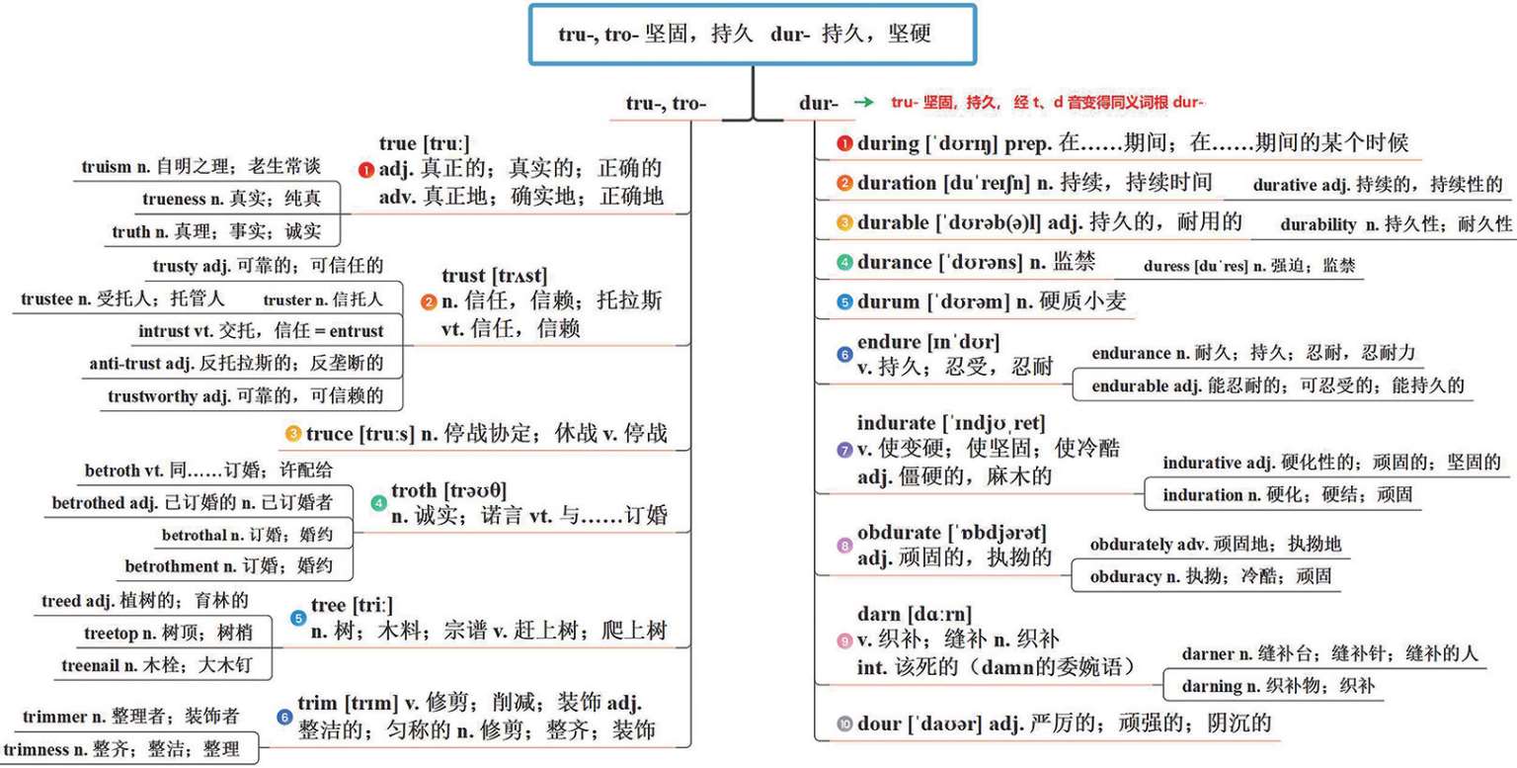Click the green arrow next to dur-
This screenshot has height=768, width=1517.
point(864,103)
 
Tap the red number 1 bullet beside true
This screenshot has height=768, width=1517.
point(366,170)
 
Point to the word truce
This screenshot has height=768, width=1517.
point(328,433)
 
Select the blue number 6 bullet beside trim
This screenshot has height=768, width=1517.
point(285,718)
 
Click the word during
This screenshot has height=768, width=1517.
point(888,144)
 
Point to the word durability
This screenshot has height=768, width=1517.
point(1318,224)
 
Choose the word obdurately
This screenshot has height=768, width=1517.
point(1131,545)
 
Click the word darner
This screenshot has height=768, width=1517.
point(1208,653)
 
